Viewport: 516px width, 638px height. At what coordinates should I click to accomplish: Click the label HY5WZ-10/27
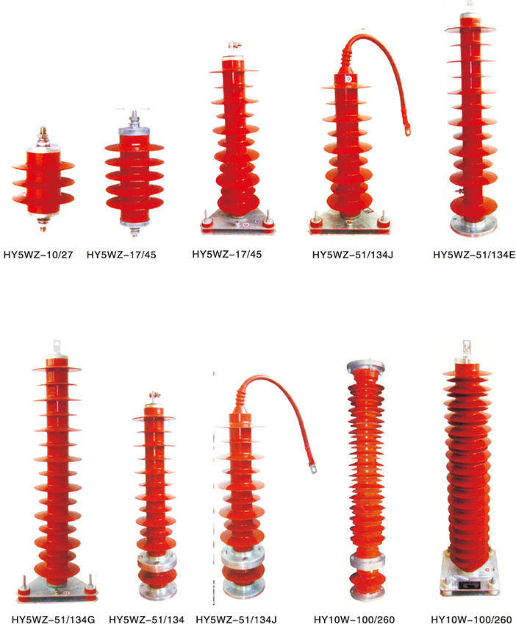(x=38, y=255)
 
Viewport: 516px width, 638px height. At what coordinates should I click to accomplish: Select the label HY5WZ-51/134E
(x=474, y=255)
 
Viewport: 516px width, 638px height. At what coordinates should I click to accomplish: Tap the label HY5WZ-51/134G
(x=53, y=620)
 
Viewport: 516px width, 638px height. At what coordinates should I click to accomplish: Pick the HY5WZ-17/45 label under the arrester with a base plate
(x=226, y=255)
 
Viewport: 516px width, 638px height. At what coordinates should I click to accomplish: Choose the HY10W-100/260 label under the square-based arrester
(x=471, y=620)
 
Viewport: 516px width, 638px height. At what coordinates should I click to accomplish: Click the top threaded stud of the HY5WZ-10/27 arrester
(x=42, y=132)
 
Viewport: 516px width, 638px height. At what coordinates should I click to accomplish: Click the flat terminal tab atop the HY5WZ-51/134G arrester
(x=57, y=347)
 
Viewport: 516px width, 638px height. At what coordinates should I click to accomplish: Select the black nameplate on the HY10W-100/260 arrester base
(x=469, y=585)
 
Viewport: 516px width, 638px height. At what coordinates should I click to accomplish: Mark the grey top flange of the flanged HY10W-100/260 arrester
(x=365, y=366)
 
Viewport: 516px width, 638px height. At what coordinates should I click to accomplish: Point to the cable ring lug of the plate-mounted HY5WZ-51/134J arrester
(x=406, y=131)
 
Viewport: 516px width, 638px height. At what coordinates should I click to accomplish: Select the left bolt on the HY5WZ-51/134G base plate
(x=25, y=585)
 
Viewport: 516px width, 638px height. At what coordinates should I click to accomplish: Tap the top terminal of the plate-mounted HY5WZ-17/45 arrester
(x=234, y=46)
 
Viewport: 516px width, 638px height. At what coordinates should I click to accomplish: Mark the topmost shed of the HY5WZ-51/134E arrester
(x=470, y=29)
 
